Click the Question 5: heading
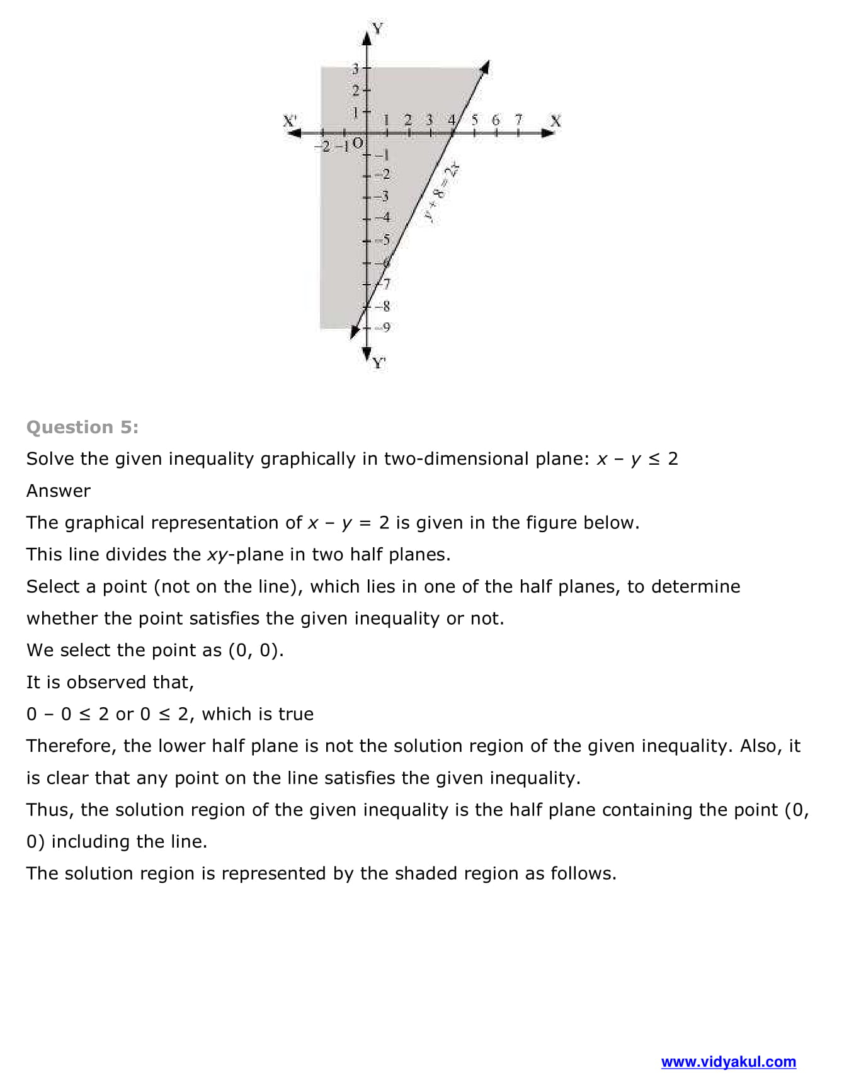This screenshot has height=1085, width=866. pos(82,427)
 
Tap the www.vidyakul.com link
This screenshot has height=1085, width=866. pos(728,1062)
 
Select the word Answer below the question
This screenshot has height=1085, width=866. pos(58,491)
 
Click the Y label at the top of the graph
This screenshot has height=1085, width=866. pos(377,28)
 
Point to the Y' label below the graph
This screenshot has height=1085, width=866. pos(379,363)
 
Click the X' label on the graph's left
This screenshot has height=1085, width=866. pos(290,120)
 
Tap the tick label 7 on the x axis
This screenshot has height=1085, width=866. pos(518,119)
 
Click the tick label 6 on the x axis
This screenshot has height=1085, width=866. pos(496,119)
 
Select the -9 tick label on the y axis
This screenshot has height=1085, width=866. pos(384,327)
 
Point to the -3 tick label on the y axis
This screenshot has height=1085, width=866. pos(382,196)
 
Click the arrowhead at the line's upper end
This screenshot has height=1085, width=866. pos(486,66)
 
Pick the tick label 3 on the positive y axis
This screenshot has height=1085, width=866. pos(355,68)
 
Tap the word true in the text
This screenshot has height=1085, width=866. pos(296,713)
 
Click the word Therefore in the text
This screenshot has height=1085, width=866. pos(69,746)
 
